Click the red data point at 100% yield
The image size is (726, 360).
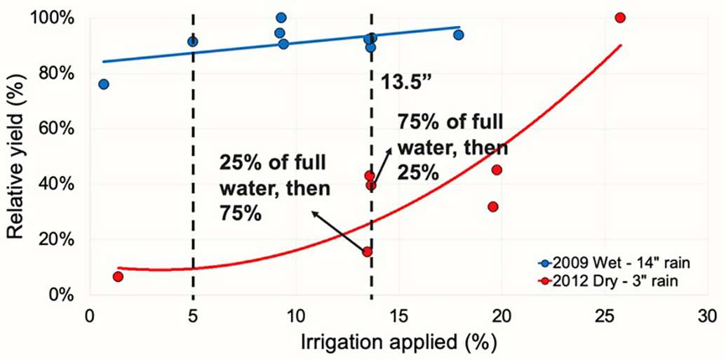[x=619, y=18]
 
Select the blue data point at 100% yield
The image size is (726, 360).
[x=281, y=18]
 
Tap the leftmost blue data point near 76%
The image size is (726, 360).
[x=104, y=84]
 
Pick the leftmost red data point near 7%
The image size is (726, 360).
[x=118, y=276]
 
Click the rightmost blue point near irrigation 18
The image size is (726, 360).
[x=459, y=35]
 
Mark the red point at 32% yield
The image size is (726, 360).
[x=493, y=207]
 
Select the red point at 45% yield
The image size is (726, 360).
[x=497, y=170]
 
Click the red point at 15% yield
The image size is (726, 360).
[x=367, y=252]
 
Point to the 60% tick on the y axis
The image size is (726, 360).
[x=59, y=128]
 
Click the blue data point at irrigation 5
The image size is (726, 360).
[x=193, y=42]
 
